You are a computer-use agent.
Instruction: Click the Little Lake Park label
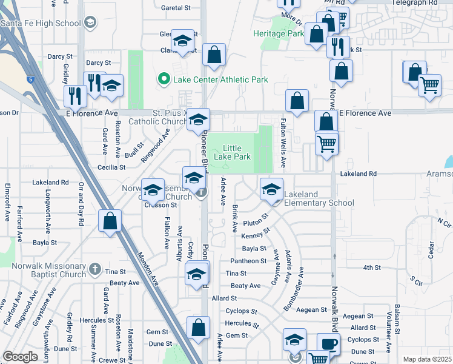(x=236, y=152)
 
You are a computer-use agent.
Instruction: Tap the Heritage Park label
(x=279, y=33)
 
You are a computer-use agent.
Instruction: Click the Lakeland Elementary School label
(x=319, y=198)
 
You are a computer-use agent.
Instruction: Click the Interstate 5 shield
(x=30, y=78)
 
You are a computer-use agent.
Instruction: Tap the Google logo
(x=20, y=357)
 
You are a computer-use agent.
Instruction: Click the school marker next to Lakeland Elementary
(x=271, y=190)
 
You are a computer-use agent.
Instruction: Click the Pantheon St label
(x=248, y=261)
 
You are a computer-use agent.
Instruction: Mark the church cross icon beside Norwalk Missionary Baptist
(x=94, y=269)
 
